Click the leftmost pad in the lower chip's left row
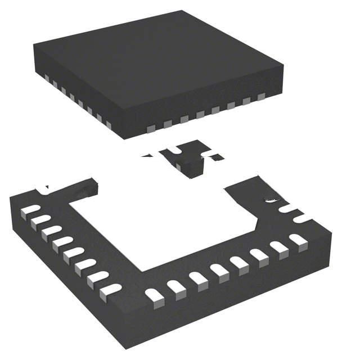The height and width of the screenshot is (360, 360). (x=30, y=210)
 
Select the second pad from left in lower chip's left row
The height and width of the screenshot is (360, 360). (x=40, y=220)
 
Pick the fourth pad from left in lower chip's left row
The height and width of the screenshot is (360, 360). (x=62, y=244)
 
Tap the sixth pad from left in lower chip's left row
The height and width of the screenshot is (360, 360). (x=85, y=265)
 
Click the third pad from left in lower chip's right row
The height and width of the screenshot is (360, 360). (x=198, y=278)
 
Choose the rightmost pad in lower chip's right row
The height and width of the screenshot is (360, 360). (x=298, y=240)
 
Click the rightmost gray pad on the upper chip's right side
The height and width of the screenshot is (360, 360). (x=261, y=97)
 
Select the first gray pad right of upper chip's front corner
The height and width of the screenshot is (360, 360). (x=150, y=129)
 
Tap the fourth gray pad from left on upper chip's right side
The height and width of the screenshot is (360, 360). (x=200, y=115)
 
